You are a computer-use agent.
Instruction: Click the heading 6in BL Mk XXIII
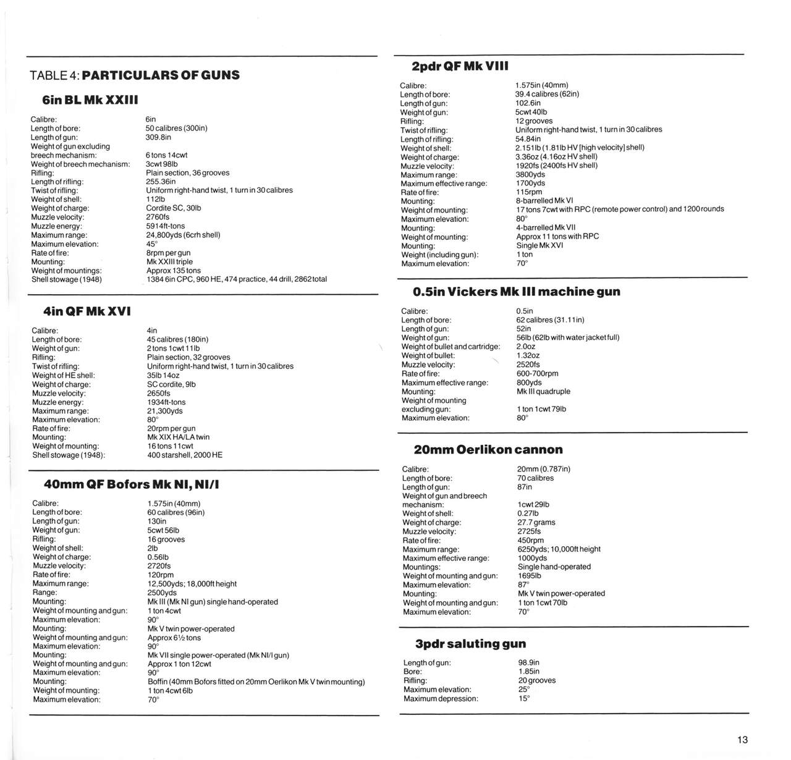(90, 99)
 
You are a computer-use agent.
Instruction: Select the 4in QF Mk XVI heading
(87, 311)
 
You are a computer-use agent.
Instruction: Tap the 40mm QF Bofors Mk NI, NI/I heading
(132, 484)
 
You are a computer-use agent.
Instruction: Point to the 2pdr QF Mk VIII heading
(460, 66)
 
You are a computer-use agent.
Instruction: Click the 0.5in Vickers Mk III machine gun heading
(516, 292)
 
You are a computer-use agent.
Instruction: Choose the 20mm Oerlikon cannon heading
(488, 450)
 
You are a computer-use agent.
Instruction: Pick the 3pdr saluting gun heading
(470, 644)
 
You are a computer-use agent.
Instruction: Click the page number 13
(742, 740)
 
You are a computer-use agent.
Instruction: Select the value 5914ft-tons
(166, 226)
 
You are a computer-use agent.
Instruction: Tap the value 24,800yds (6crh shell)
(183, 235)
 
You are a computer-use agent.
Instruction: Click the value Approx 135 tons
(174, 271)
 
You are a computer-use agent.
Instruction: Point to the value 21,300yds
(165, 411)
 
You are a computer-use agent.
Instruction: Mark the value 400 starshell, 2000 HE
(185, 455)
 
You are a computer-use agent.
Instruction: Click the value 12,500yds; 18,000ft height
(192, 584)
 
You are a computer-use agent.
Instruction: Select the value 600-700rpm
(537, 373)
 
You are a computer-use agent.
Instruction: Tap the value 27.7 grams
(536, 522)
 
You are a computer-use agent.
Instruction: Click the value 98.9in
(529, 662)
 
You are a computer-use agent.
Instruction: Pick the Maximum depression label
(441, 699)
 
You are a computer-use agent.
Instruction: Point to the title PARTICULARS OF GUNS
(161, 75)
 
